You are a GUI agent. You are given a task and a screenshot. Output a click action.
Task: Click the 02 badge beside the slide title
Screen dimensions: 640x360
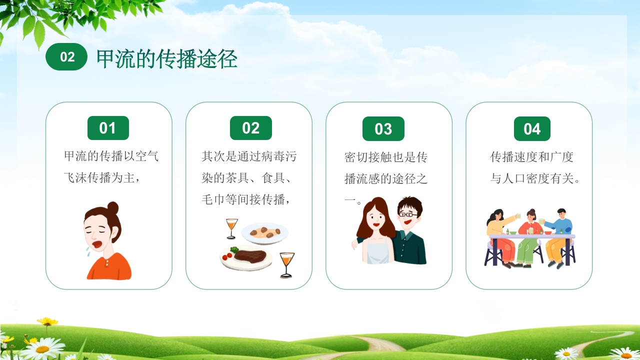pyautogui.click(x=66, y=56)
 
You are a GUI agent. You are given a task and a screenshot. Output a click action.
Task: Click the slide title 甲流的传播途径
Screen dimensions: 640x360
pyautogui.click(x=167, y=58)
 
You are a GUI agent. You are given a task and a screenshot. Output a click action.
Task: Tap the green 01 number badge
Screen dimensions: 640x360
pyautogui.click(x=108, y=127)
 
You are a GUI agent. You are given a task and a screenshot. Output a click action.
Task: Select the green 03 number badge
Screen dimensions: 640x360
pyautogui.click(x=383, y=128)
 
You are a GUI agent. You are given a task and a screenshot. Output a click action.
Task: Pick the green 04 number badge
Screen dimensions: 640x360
pyautogui.click(x=532, y=128)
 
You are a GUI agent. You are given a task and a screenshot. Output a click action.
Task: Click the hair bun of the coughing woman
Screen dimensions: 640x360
pyautogui.click(x=113, y=207)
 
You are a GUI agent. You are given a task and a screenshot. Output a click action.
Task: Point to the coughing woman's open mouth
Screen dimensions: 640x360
pyautogui.click(x=97, y=245)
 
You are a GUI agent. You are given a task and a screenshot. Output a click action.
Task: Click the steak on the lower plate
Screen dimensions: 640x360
pyautogui.click(x=250, y=255)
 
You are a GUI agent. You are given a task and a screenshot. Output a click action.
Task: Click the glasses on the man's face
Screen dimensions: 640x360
pyautogui.click(x=407, y=214)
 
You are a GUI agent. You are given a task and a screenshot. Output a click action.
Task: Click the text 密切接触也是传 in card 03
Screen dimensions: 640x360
pyautogui.click(x=386, y=157)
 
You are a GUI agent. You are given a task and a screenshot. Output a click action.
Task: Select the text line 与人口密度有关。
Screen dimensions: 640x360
pyautogui.click(x=535, y=178)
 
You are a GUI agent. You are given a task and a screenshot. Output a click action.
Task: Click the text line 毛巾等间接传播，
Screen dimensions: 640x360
pyautogui.click(x=245, y=199)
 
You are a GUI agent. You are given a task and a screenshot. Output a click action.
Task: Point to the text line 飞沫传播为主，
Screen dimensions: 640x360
pyautogui.click(x=101, y=177)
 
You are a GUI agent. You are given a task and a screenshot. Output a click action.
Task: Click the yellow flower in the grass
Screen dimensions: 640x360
pyautogui.click(x=47, y=321)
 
